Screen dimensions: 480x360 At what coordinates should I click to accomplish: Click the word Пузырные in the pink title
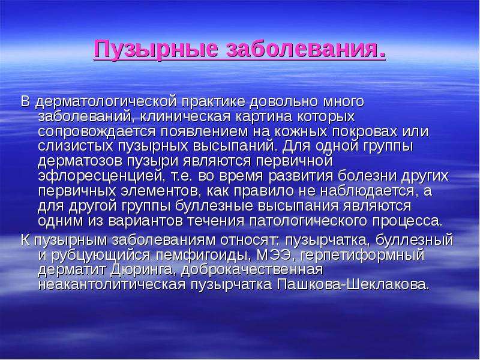[x=156, y=49]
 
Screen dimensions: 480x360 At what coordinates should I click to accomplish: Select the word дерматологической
[x=106, y=102]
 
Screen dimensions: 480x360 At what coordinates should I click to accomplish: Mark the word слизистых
[x=76, y=146]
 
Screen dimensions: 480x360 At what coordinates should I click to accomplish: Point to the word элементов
[x=161, y=191]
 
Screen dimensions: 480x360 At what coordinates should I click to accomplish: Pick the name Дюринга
[x=142, y=269]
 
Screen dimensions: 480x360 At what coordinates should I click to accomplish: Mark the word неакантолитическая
[x=112, y=284]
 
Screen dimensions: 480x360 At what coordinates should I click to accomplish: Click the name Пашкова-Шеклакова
[x=352, y=284]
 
